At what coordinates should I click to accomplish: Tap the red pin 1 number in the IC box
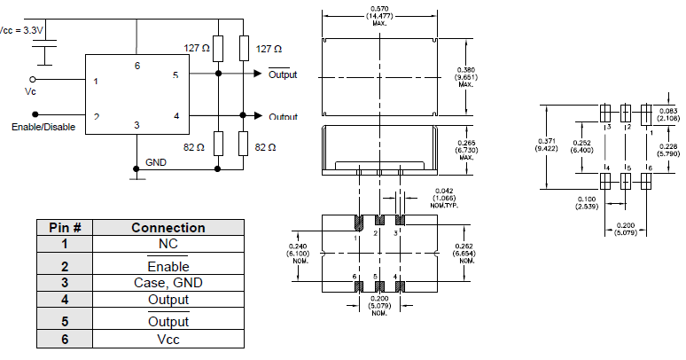coord(97,82)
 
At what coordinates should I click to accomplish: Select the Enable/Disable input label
coord(43,127)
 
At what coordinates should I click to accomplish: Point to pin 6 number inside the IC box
coord(136,66)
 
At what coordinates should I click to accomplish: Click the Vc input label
coord(33,91)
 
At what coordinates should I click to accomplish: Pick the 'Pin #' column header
coord(65,228)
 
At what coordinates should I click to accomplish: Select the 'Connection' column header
coord(168,228)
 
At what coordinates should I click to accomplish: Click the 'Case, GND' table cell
coord(168,283)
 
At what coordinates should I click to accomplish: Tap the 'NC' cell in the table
coord(168,244)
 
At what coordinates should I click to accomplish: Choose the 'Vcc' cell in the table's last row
coord(168,340)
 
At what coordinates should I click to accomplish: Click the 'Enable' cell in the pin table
coord(168,264)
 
